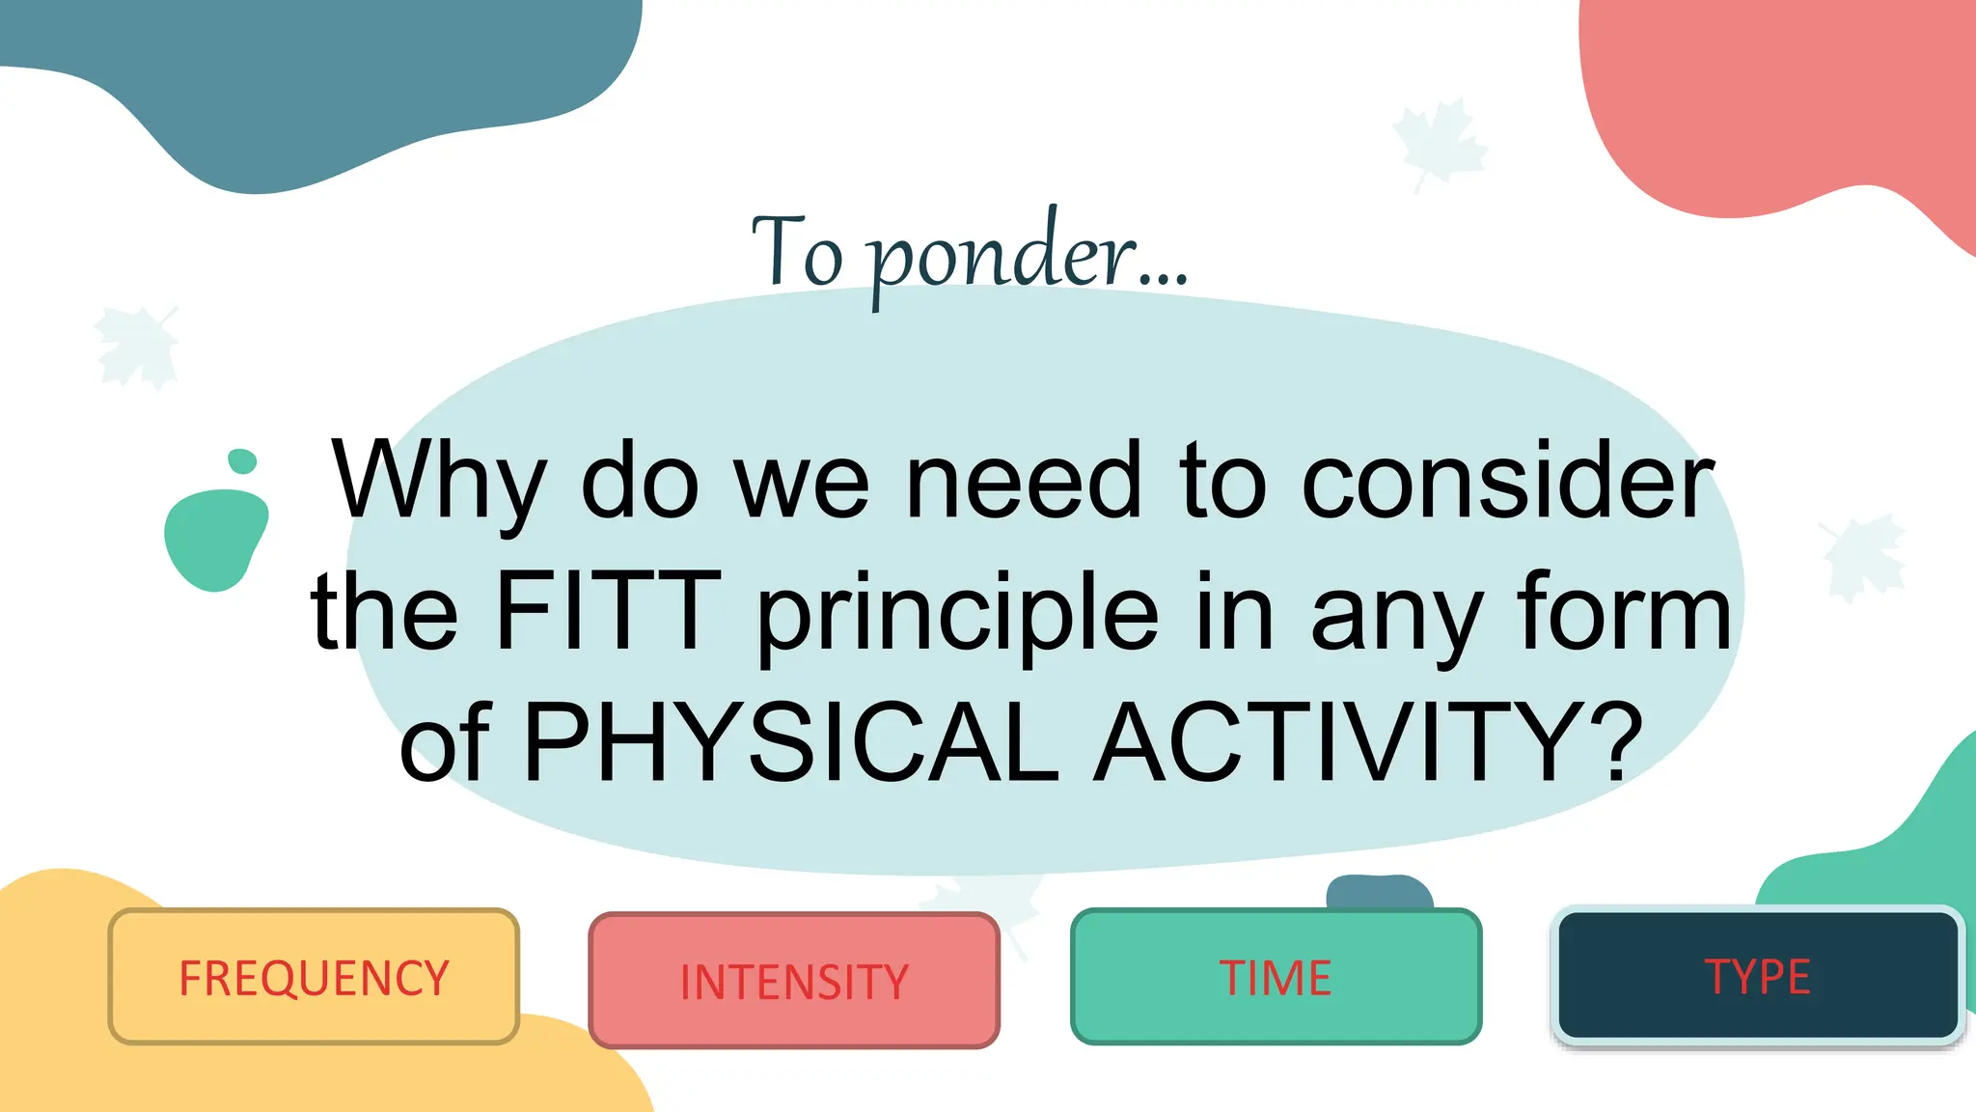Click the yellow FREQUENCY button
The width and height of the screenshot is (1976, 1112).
314,977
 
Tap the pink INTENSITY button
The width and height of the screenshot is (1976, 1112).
794,981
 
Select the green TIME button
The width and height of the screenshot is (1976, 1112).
1276,977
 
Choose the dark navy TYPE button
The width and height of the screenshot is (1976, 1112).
1757,976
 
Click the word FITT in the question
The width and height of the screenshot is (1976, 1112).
608,612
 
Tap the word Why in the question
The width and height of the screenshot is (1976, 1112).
439,481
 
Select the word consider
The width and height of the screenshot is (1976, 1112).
1507,481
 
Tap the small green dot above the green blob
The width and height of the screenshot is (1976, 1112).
242,461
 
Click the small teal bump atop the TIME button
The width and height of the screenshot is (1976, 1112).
1379,891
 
